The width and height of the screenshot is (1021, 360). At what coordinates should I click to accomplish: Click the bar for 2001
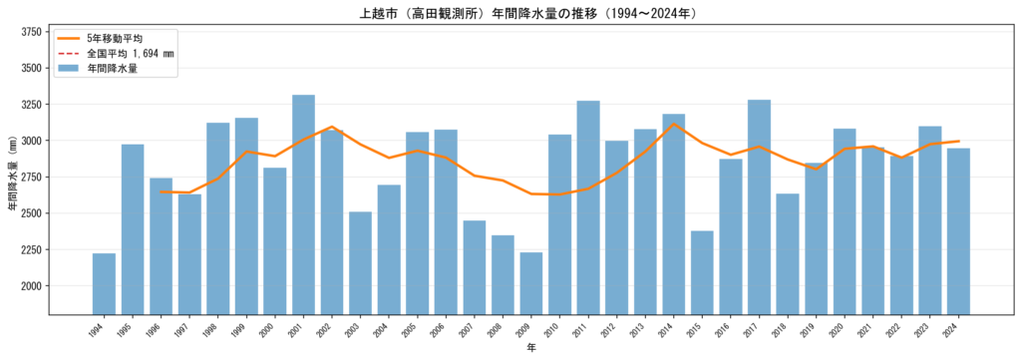tap(303, 205)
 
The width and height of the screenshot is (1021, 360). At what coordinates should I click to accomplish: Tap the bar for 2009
tap(531, 283)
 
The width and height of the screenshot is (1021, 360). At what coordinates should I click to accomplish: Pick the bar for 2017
tap(759, 207)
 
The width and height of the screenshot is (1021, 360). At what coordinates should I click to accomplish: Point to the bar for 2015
tap(703, 273)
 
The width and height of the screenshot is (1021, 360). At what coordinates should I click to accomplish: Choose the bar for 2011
tap(588, 207)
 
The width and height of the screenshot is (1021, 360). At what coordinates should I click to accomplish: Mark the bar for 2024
tap(958, 231)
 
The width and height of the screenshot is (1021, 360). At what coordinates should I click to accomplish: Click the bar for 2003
tap(361, 263)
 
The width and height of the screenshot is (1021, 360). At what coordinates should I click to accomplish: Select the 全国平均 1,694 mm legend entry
tap(114, 53)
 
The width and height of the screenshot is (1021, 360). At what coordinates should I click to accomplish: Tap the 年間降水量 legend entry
tap(97, 68)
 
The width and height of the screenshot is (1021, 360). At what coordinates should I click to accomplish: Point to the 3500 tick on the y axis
tap(31, 68)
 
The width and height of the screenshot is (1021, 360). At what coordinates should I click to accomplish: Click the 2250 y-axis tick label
tap(31, 249)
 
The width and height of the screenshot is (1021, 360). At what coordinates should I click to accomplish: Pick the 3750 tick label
tap(31, 32)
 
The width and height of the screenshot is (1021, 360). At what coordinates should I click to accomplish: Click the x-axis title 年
tap(531, 349)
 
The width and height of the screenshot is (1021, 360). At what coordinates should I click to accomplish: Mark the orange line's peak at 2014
tap(674, 124)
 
